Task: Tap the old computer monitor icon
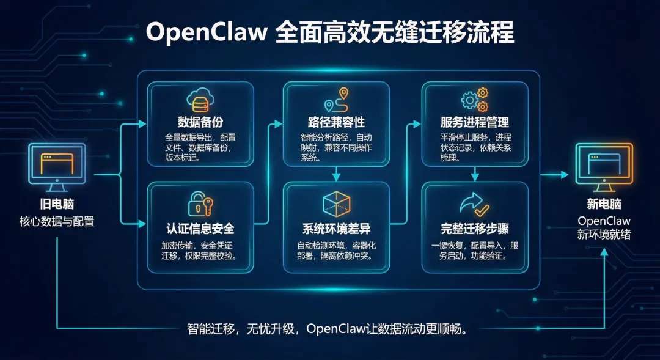(x=57, y=164)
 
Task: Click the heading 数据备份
(x=200, y=121)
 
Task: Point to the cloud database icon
(x=200, y=99)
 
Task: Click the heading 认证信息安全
(x=200, y=229)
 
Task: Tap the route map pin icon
(x=337, y=98)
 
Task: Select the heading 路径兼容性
(x=337, y=122)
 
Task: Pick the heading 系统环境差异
(x=337, y=229)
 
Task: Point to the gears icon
(x=475, y=98)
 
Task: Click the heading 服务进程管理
(x=475, y=122)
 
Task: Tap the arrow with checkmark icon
(x=475, y=204)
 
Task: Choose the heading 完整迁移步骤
(x=475, y=229)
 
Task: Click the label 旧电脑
(x=57, y=205)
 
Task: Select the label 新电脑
(x=604, y=205)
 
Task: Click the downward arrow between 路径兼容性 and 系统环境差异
(x=337, y=175)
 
